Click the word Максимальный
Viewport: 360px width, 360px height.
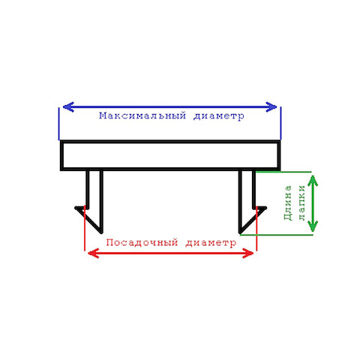pyautogui.click(x=142, y=115)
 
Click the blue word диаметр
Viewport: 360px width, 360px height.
pyautogui.click(x=219, y=116)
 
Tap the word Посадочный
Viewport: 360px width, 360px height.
pyautogui.click(x=142, y=242)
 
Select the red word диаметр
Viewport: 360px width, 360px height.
pyautogui.click(x=211, y=242)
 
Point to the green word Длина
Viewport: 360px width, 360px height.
pyautogui.click(x=288, y=202)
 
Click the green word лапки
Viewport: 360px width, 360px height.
pyautogui.click(x=302, y=202)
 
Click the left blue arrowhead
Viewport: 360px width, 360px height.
pyautogui.click(x=68, y=107)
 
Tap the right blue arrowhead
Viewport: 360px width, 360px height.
pyautogui.click(x=271, y=107)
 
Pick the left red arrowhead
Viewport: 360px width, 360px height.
pyautogui.click(x=94, y=253)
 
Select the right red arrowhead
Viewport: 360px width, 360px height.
pyautogui.click(x=248, y=253)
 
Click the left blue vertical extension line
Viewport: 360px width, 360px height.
pyautogui.click(x=59, y=124)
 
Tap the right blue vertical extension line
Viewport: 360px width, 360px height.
pyautogui.click(x=280, y=123)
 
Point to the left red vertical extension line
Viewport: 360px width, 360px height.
pyautogui.click(x=85, y=228)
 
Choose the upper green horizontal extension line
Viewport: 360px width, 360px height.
pyautogui.click(x=283, y=172)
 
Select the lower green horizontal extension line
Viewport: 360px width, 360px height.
pyautogui.click(x=276, y=235)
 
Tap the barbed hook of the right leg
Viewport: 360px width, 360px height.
pyautogui.click(x=252, y=220)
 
